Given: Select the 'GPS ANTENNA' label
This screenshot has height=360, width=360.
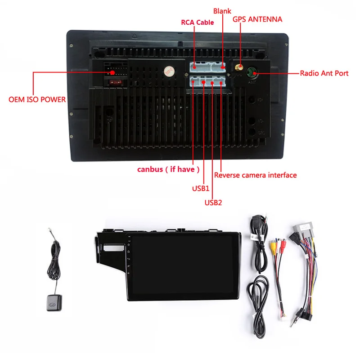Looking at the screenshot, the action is click(257, 19).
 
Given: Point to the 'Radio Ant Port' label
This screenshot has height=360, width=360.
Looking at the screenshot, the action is click(324, 73).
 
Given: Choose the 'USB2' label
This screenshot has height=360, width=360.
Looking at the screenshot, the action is click(213, 202).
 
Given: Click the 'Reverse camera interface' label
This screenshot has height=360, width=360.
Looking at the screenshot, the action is click(255, 175).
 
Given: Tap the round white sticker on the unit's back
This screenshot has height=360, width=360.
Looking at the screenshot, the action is click(168, 71).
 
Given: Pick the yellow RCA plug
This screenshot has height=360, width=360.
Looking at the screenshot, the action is click(273, 246).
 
